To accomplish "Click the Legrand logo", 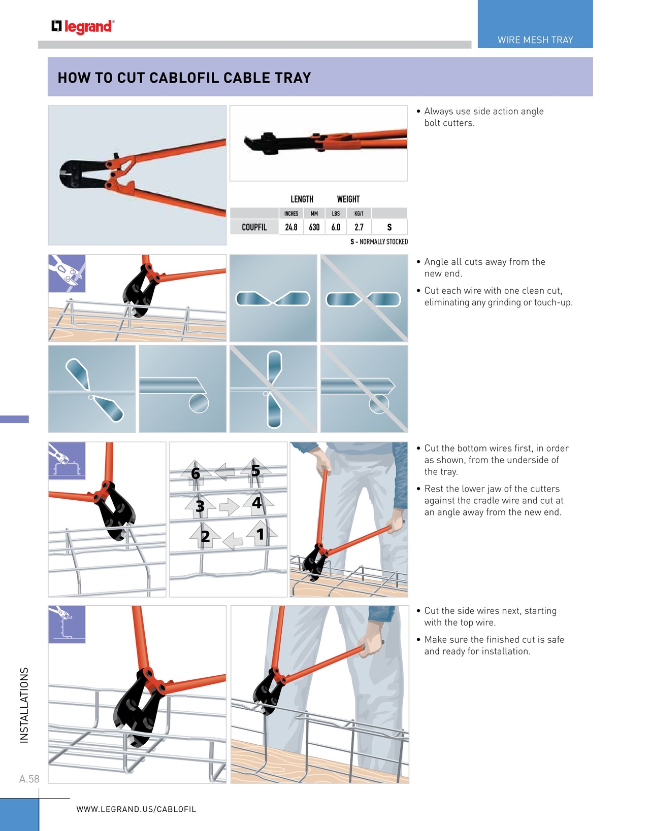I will click(83, 26).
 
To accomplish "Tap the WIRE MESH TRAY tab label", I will click(535, 40).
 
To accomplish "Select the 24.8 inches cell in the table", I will click(291, 227).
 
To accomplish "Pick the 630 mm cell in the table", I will click(314, 227).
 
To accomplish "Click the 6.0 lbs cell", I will click(336, 227).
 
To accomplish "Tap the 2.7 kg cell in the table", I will click(359, 227).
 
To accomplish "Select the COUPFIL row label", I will click(254, 227).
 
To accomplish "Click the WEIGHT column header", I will click(348, 199).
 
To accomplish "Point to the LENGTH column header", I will click(302, 199).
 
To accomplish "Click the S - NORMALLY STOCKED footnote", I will click(379, 242).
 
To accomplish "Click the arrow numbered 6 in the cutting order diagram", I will click(196, 473).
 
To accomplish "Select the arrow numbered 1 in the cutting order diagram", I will click(261, 534).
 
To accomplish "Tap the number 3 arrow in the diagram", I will click(200, 506).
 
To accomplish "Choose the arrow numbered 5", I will click(255, 471).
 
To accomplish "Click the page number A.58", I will click(29, 779).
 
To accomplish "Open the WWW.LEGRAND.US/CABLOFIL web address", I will click(136, 809).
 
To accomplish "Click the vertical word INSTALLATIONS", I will click(24, 705).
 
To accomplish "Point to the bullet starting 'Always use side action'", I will click(483, 117).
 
